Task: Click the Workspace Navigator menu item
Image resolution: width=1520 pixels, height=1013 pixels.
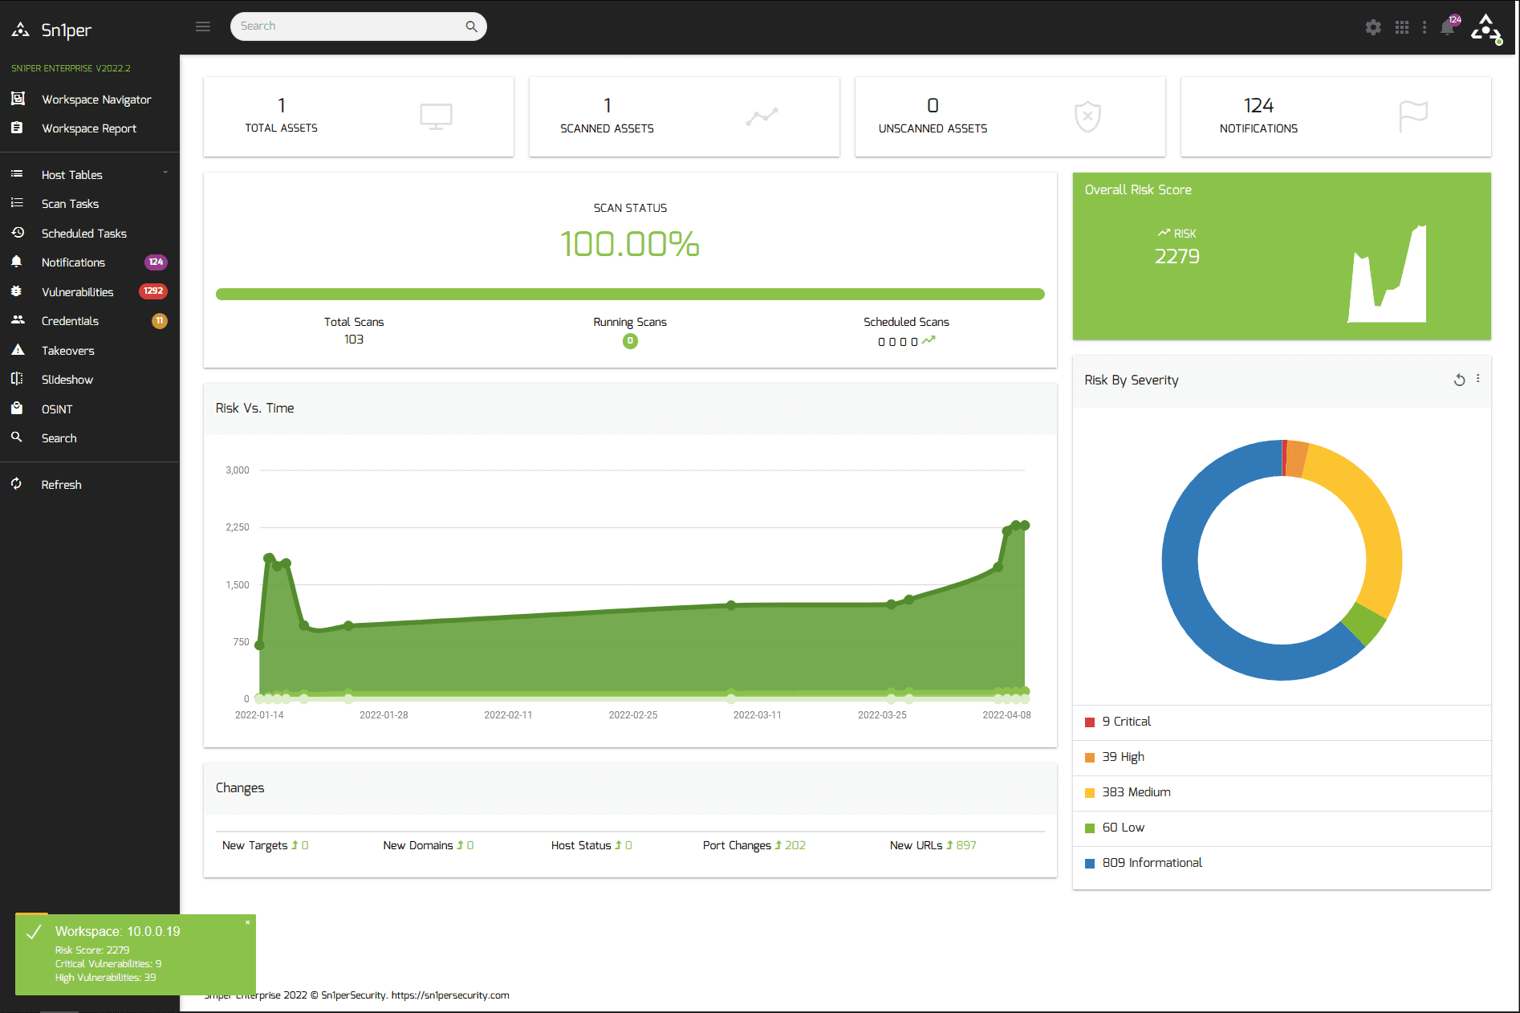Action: pyautogui.click(x=96, y=100)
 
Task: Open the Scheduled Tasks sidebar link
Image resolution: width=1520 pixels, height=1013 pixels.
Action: pyautogui.click(x=83, y=234)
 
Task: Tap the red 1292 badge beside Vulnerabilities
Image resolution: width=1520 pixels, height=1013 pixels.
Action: pyautogui.click(x=152, y=291)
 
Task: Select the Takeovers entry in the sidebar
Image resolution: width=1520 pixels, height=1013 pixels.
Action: pyautogui.click(x=67, y=351)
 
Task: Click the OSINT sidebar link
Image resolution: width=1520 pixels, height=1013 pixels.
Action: pyautogui.click(x=56, y=409)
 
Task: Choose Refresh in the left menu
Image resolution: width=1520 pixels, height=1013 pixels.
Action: pyautogui.click(x=61, y=485)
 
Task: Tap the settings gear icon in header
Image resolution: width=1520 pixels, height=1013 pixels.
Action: pyautogui.click(x=1373, y=27)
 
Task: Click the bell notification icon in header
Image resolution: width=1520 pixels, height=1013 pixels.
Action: pyautogui.click(x=1447, y=27)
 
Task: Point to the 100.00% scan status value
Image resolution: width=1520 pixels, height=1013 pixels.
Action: pyautogui.click(x=630, y=244)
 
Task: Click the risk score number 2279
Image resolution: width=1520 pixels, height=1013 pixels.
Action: pyautogui.click(x=1177, y=257)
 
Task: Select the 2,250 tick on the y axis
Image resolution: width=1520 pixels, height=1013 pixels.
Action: pyautogui.click(x=238, y=527)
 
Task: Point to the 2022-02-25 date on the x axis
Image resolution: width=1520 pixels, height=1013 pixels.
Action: pyautogui.click(x=632, y=715)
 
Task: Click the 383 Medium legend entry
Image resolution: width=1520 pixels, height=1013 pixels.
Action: pyautogui.click(x=1136, y=792)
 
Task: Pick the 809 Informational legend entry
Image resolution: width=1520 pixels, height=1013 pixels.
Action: pyautogui.click(x=1152, y=863)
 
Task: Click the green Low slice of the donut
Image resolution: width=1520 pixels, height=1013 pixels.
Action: pyautogui.click(x=1364, y=622)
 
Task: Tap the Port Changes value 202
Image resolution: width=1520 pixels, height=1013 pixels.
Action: pyautogui.click(x=795, y=845)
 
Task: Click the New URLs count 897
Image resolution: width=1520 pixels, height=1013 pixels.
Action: pyautogui.click(x=965, y=845)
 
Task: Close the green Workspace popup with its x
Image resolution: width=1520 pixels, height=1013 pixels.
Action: pyautogui.click(x=247, y=923)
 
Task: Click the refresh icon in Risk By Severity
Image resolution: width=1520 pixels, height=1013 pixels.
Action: pyautogui.click(x=1459, y=380)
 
